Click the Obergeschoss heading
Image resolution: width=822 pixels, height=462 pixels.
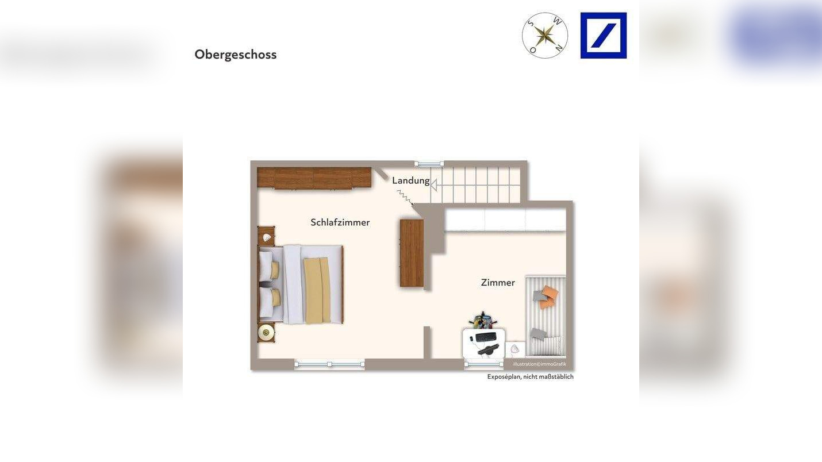point(236,55)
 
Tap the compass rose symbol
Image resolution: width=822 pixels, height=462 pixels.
point(544,36)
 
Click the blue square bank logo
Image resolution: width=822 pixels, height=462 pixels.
point(603,36)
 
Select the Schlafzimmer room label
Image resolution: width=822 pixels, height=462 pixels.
point(340,222)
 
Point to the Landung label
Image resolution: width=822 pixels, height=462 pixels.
point(410,180)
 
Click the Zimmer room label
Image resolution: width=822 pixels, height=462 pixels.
point(498,283)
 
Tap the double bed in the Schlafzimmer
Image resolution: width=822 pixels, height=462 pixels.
point(301,284)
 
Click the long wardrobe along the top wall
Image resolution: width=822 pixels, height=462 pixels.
point(314,178)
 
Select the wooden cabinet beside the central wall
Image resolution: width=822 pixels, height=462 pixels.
point(412,253)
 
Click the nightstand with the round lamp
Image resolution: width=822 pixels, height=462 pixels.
point(266,332)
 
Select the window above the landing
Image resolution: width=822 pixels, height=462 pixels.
point(429,164)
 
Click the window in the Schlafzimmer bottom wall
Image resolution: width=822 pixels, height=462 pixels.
point(329,364)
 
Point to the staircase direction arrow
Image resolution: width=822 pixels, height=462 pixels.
point(434,185)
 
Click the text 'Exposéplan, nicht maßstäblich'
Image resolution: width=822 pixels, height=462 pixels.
point(530,377)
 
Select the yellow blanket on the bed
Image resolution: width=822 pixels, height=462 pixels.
point(317,290)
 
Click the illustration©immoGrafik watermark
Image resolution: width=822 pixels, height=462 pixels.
point(539,364)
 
